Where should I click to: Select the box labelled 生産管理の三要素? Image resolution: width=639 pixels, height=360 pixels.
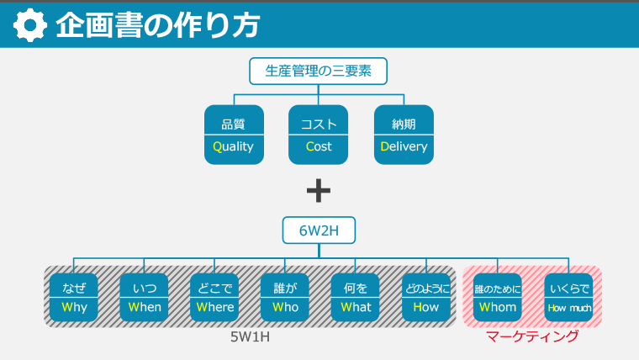[x=318, y=71]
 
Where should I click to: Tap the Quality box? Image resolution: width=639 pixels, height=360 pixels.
[x=234, y=135]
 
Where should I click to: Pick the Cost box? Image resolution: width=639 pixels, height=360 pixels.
[x=319, y=135]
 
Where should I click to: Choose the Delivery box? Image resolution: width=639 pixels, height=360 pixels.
[x=404, y=135]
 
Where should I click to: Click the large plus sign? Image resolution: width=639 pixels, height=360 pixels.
[x=319, y=191]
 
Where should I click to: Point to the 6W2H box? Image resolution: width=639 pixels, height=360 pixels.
[x=318, y=230]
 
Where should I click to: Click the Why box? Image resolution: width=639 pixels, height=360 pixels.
[x=74, y=298]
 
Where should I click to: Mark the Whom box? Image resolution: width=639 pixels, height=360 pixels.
[x=498, y=298]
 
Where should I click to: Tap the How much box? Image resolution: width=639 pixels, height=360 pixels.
[x=569, y=298]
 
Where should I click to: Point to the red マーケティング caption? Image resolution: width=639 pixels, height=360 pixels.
[x=532, y=336]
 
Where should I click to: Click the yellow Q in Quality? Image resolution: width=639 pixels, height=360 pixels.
[x=217, y=146]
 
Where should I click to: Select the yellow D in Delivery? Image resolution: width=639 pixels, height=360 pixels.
[x=384, y=146]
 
